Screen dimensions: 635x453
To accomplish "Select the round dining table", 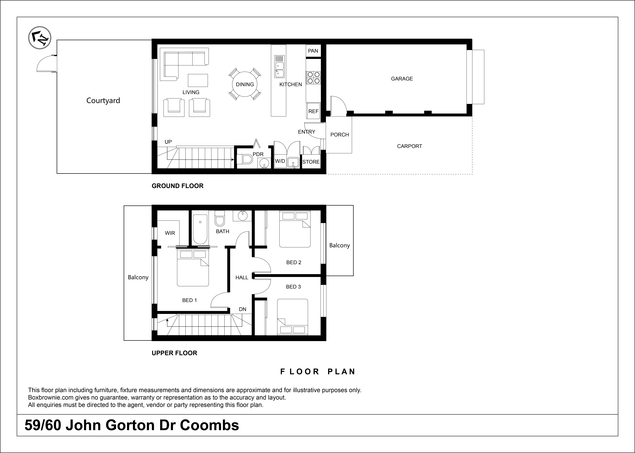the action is (245, 84).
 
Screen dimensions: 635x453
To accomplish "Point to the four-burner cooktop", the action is (313, 78).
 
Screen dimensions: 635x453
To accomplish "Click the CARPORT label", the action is (410, 146).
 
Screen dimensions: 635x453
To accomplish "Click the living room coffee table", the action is (198, 80).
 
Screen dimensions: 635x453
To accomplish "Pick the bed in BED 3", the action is (293, 317).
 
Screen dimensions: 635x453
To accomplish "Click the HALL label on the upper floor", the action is (242, 278).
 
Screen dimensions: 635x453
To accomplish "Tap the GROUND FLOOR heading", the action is (178, 186).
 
